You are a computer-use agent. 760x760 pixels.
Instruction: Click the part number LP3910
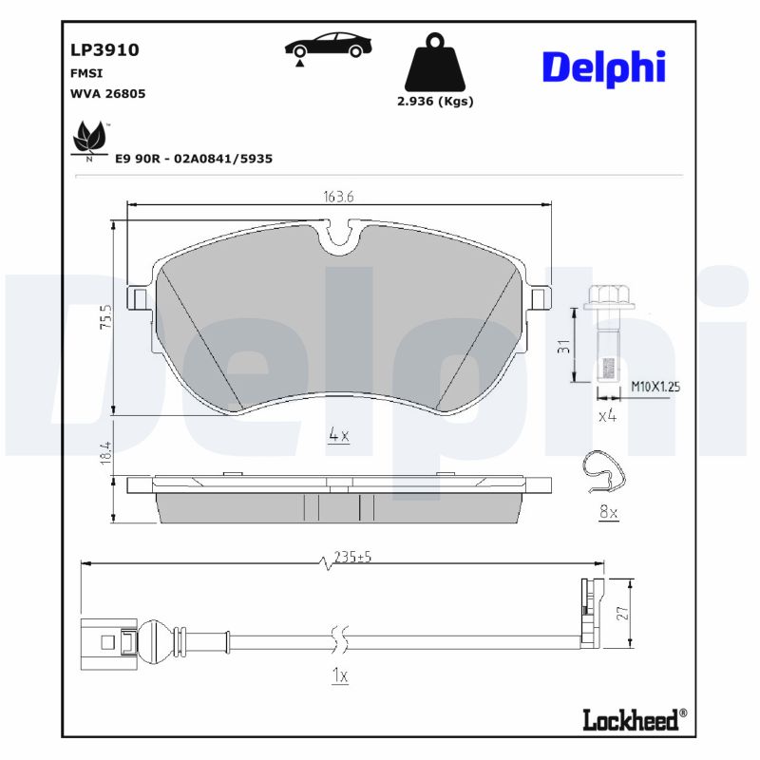pos(104,50)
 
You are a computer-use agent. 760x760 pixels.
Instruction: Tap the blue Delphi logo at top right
pos(604,67)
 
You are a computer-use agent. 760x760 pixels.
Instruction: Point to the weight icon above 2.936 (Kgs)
pos(435,62)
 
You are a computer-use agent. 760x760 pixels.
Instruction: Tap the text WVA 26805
pos(107,93)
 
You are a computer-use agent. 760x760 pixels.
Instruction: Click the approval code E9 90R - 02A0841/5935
pos(194,159)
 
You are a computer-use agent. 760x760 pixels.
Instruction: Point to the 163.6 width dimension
pos(338,197)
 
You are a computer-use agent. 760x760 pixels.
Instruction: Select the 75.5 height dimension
pos(105,317)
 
